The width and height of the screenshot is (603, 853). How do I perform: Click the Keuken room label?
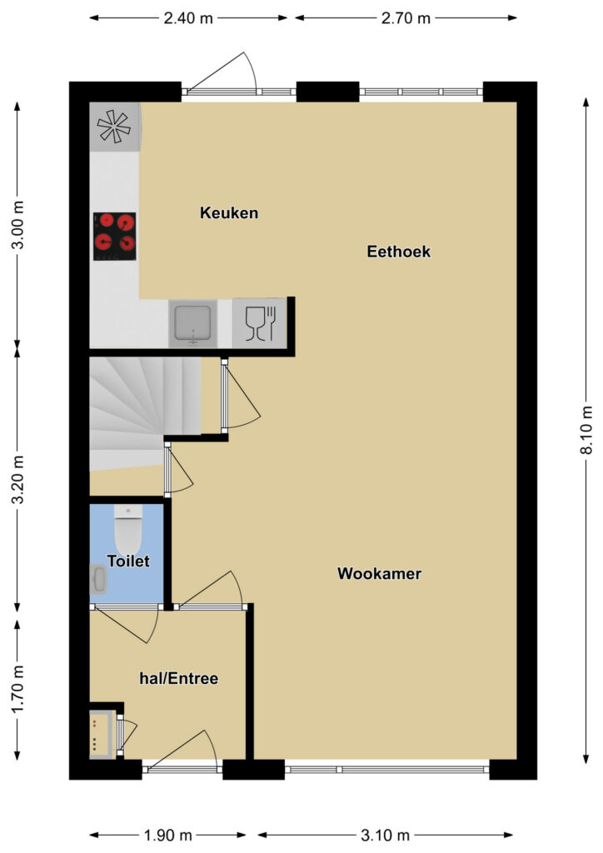click(x=229, y=212)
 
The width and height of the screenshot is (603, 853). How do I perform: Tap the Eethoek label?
click(x=399, y=252)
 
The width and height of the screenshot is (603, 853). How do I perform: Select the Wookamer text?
click(x=379, y=573)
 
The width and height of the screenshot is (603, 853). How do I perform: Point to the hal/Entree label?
click(x=179, y=678)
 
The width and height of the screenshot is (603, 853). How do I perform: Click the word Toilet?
click(x=128, y=561)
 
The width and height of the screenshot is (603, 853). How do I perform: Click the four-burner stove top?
click(x=114, y=237)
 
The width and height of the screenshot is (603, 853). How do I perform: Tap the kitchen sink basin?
click(x=192, y=323)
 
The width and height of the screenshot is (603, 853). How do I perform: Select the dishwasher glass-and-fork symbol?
click(x=261, y=324)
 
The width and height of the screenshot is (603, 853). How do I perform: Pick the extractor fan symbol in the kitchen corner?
click(x=114, y=127)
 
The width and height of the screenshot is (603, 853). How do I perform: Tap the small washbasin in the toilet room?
click(x=98, y=579)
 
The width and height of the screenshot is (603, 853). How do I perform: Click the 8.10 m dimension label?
click(x=586, y=430)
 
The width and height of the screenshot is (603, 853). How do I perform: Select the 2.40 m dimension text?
click(x=188, y=18)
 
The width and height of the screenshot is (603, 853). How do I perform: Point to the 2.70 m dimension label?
click(x=406, y=18)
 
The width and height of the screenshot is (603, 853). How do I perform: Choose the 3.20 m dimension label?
click(x=18, y=479)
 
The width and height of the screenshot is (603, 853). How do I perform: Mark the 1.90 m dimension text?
click(x=168, y=835)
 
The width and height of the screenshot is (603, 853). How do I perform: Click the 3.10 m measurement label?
click(x=386, y=835)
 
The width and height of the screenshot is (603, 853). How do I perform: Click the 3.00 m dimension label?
click(x=18, y=225)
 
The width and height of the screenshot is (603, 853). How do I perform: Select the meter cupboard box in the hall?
click(x=102, y=734)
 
